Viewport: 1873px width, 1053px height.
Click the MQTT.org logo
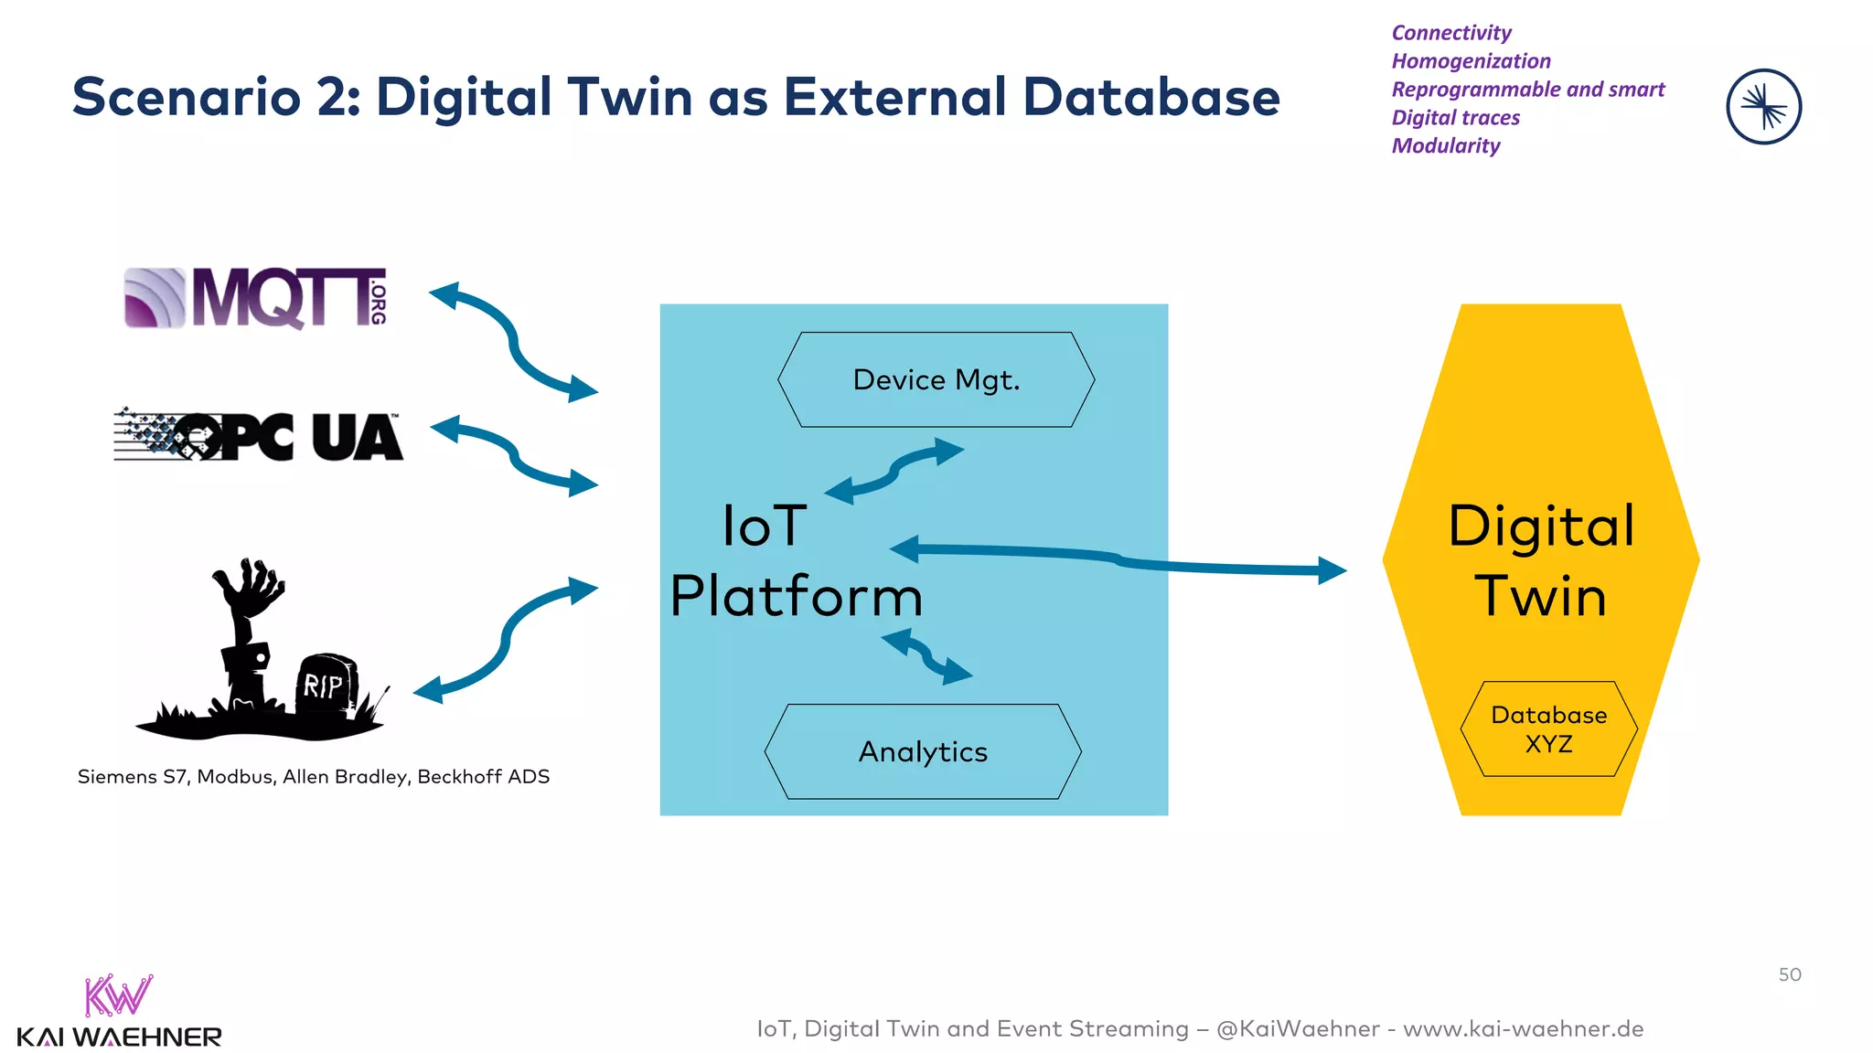coord(256,298)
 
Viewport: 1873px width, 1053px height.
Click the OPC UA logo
coord(258,436)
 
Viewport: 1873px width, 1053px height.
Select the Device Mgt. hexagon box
coord(936,379)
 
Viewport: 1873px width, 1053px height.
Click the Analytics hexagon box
coord(923,751)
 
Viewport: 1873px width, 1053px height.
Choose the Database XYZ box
coord(1548,729)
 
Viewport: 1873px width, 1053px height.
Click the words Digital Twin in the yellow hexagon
coord(1541,560)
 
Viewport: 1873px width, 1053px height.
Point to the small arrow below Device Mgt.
coord(894,471)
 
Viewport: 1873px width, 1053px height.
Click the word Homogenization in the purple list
coord(1471,61)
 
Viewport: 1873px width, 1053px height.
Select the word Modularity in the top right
coord(1445,146)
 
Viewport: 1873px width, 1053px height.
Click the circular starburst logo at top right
coord(1763,107)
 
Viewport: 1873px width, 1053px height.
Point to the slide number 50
coord(1789,974)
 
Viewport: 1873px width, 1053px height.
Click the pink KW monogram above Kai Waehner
coord(117,995)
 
